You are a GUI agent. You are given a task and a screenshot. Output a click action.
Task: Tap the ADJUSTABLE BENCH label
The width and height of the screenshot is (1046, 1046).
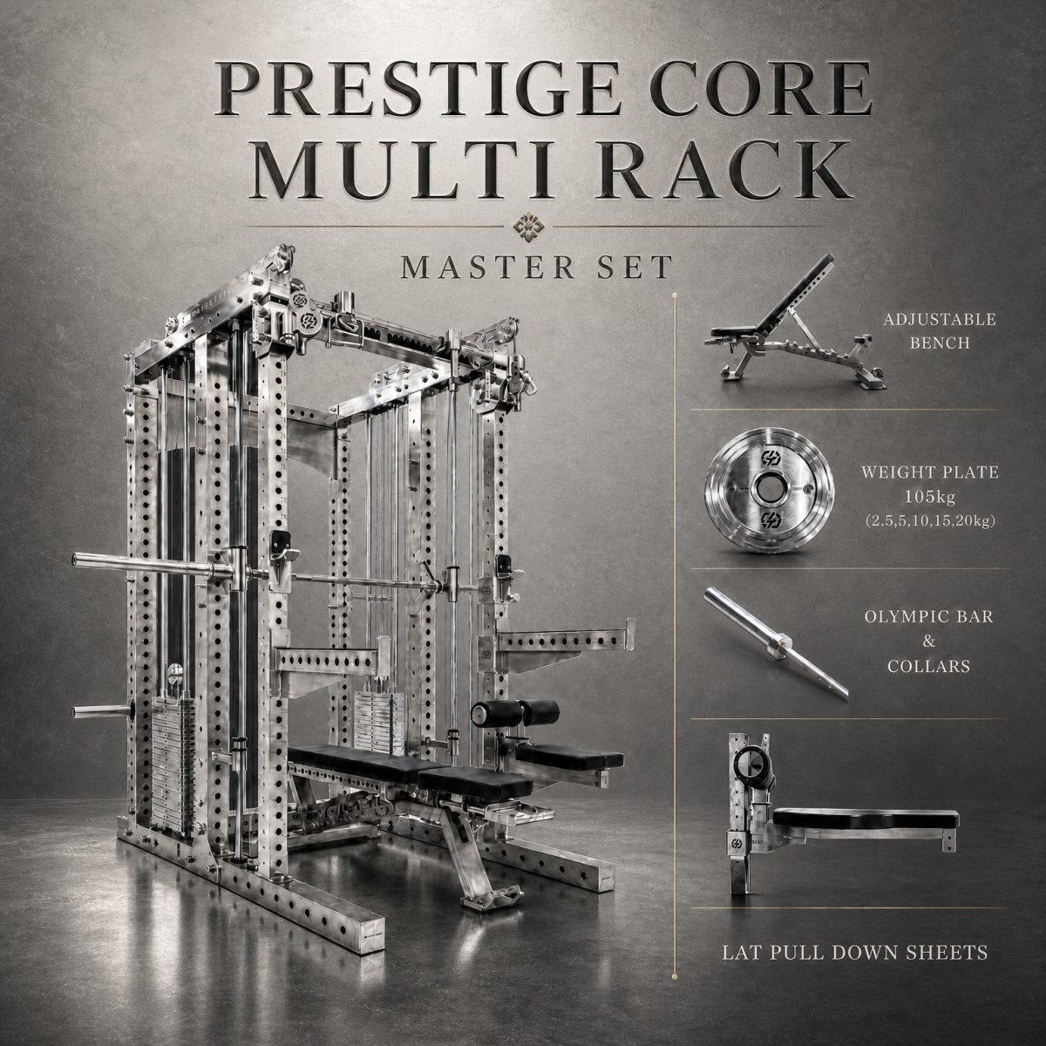pyautogui.click(x=940, y=330)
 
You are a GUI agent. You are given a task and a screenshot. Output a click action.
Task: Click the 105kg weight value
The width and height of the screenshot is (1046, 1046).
pyautogui.click(x=930, y=497)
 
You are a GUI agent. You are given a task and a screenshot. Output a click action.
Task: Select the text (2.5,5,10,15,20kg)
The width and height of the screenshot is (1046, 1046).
pyautogui.click(x=930, y=522)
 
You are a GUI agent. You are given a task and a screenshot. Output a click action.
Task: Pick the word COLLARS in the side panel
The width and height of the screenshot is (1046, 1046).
pyautogui.click(x=928, y=666)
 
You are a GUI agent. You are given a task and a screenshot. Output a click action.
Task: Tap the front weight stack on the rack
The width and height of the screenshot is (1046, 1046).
pyautogui.click(x=172, y=759)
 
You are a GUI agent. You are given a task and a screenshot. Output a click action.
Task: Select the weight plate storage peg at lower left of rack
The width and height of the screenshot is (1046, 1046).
pyautogui.click(x=100, y=710)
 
